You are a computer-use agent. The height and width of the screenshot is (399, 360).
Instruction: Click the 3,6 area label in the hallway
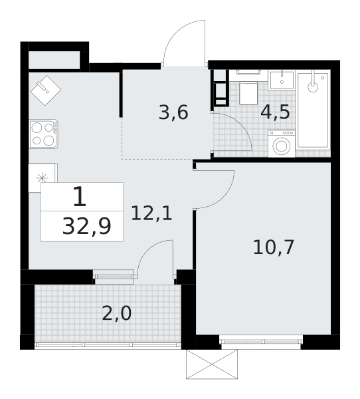[173, 112]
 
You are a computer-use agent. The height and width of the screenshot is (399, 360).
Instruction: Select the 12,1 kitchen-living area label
[151, 213]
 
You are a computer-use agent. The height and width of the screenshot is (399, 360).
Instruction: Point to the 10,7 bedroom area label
[274, 247]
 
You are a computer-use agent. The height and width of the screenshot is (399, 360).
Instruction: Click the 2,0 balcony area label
[117, 313]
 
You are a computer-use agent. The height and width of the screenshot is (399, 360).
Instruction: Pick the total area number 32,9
[87, 227]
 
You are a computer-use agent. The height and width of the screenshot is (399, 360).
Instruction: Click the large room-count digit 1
[80, 196]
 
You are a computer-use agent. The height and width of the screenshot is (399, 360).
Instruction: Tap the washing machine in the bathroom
[282, 144]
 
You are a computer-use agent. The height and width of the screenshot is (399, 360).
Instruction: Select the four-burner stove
[44, 134]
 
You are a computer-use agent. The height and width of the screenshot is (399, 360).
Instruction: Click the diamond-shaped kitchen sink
[46, 90]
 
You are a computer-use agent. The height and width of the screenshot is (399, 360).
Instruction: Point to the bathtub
[314, 110]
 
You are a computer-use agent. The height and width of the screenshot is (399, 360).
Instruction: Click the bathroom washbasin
[282, 80]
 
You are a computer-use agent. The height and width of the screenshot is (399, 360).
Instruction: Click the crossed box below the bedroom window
[212, 364]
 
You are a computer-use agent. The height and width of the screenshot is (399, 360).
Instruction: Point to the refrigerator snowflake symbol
[42, 178]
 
